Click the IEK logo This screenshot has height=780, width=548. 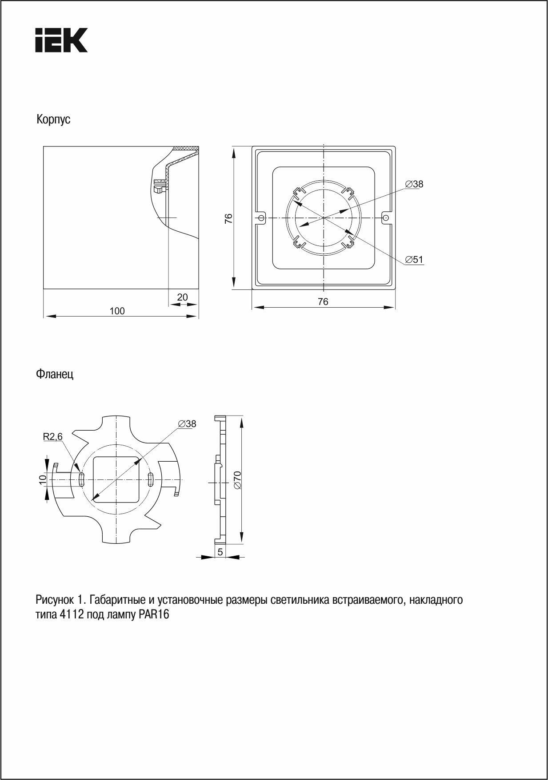[x=61, y=40]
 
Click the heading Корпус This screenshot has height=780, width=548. [x=53, y=120]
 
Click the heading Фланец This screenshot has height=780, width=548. [x=55, y=374]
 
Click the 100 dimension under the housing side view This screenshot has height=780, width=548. [x=117, y=311]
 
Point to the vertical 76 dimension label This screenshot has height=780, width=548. [x=228, y=218]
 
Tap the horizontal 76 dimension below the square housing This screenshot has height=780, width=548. [x=323, y=301]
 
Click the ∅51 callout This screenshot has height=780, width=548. [x=414, y=260]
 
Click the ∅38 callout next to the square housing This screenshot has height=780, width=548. [x=414, y=184]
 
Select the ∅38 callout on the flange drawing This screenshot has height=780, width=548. [x=187, y=424]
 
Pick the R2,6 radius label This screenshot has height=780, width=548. [x=53, y=437]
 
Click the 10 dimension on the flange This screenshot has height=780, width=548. [x=43, y=479]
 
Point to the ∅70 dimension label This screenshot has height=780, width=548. [x=237, y=480]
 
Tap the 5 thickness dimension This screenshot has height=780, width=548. [x=220, y=552]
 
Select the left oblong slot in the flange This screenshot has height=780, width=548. [x=82, y=479]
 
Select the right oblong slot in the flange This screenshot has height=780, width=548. [x=150, y=479]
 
